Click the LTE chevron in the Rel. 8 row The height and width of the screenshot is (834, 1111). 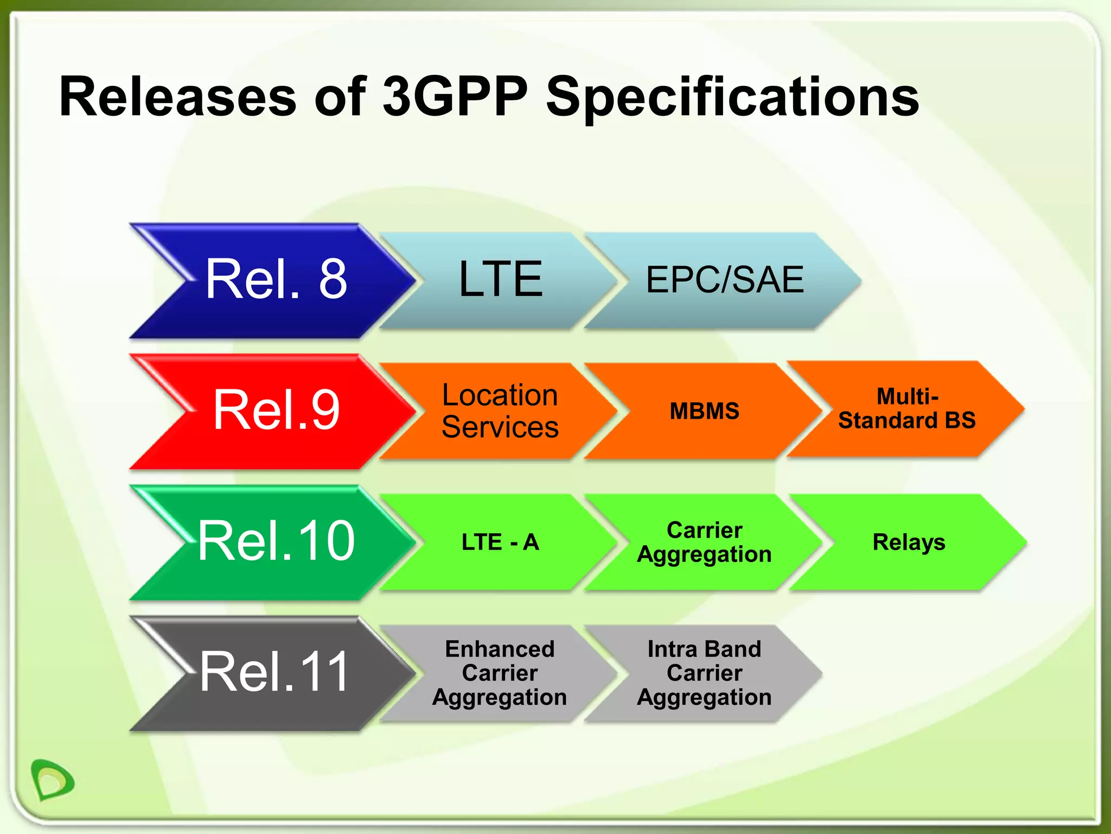(499, 280)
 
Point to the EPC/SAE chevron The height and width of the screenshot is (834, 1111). (724, 280)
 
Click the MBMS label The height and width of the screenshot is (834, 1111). (704, 411)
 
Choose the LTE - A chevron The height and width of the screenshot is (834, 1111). (500, 542)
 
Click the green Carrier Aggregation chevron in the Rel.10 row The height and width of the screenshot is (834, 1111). (704, 542)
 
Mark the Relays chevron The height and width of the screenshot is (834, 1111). (909, 542)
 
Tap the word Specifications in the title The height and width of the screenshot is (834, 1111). (732, 98)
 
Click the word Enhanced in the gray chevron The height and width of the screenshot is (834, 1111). (500, 649)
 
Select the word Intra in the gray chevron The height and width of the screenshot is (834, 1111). (672, 649)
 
